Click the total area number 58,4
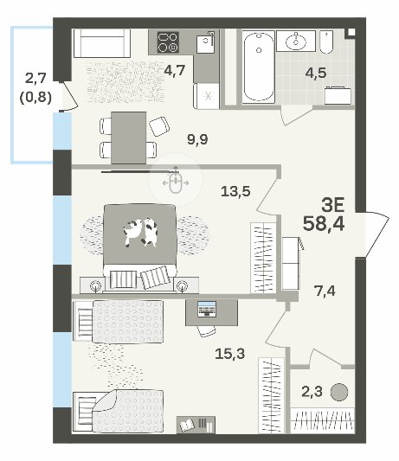click(324, 223)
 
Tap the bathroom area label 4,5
click(316, 73)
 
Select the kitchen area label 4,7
click(175, 70)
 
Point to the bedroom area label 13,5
click(235, 191)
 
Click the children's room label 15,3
click(230, 354)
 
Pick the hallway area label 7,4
click(325, 291)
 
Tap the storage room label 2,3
click(312, 392)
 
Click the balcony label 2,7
click(35, 79)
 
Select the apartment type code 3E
click(333, 205)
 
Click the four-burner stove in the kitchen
click(168, 42)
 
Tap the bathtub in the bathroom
click(258, 67)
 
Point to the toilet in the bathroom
click(326, 42)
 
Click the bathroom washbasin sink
click(296, 41)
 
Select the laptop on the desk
click(207, 309)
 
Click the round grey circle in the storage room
click(339, 392)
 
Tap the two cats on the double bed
click(140, 233)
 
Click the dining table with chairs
click(129, 138)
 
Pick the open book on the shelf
click(187, 426)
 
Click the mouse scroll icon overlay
click(176, 180)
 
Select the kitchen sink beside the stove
click(205, 43)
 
